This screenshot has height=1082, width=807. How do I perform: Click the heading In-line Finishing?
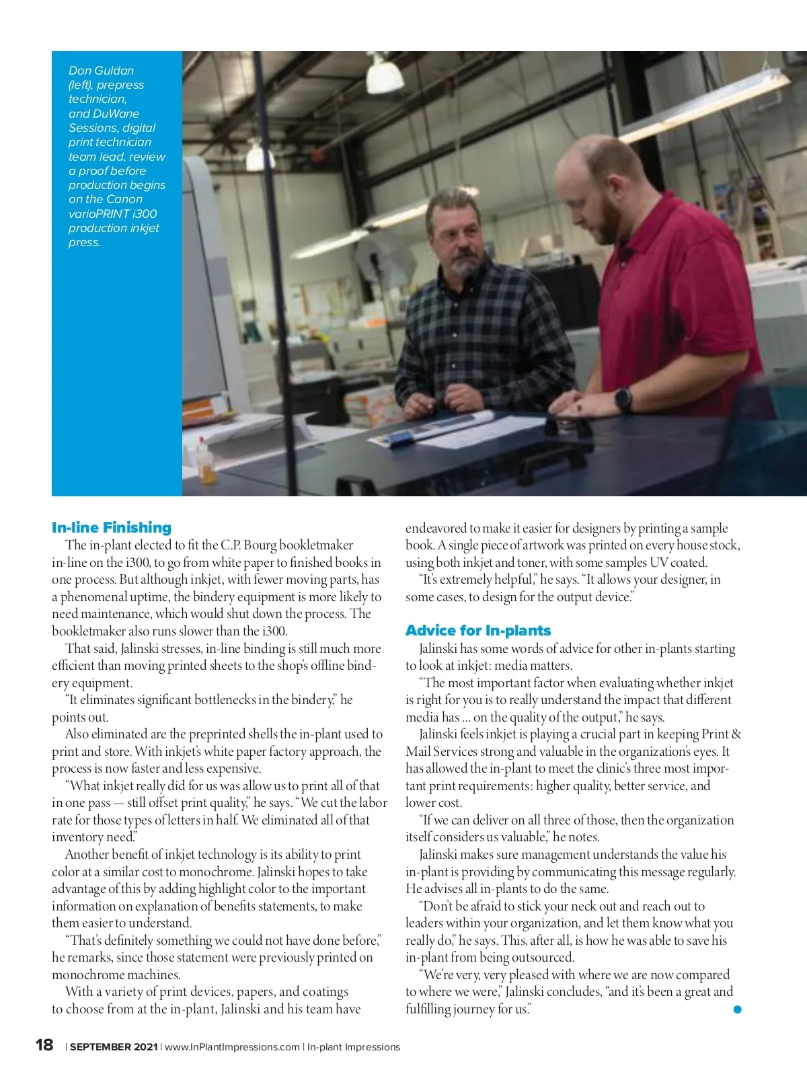pos(112,528)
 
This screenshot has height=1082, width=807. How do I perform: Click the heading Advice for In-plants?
pos(478,631)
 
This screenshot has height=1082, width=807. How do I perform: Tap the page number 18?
pos(44,1045)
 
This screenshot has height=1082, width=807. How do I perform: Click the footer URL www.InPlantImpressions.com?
pos(232,1047)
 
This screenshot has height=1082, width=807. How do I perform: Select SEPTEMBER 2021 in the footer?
pos(114,1047)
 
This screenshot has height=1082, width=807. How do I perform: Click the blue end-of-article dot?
pos(737,1009)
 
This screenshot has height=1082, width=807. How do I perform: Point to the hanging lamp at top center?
pos(385,74)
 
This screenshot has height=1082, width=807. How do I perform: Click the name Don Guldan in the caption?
pos(101,71)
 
